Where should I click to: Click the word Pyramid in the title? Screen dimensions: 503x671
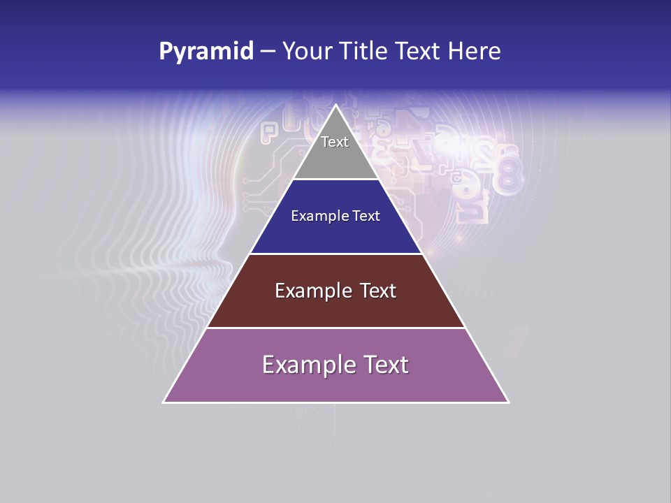[206, 52]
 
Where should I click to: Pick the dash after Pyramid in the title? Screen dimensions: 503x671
[268, 52]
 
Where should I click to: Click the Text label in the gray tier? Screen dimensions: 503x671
[335, 142]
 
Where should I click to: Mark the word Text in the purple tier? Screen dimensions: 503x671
[384, 365]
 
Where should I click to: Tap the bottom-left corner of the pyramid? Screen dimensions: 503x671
[164, 402]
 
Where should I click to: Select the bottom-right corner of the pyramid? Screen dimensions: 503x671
[508, 402]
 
